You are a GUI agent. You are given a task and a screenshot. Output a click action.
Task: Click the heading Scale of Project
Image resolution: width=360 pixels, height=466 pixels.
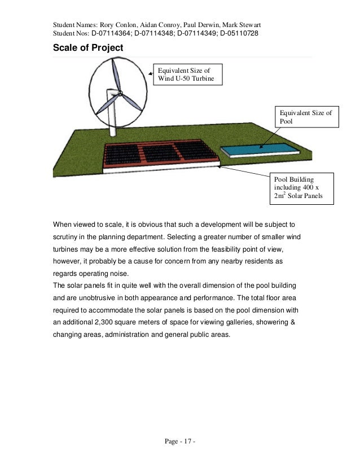click(x=87, y=48)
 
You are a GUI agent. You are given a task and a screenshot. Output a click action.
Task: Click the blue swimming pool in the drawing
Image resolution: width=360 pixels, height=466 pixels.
click(x=260, y=149)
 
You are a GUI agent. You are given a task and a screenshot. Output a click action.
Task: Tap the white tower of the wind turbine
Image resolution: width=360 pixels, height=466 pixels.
click(x=112, y=121)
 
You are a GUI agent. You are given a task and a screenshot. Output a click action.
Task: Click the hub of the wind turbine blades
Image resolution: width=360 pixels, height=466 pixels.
click(x=119, y=93)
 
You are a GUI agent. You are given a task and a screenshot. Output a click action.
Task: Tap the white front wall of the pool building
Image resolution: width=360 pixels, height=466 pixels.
click(x=164, y=168)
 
